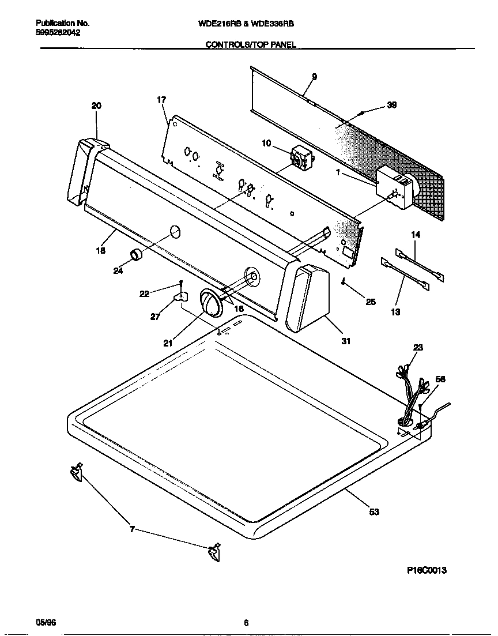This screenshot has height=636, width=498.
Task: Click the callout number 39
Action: [x=392, y=105]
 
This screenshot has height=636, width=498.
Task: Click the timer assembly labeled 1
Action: [x=395, y=187]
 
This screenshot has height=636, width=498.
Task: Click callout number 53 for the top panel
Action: [x=373, y=511]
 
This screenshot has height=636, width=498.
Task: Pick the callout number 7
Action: [x=132, y=529]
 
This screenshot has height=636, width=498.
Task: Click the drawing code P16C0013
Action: [x=427, y=570]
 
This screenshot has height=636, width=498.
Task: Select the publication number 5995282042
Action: [x=58, y=33]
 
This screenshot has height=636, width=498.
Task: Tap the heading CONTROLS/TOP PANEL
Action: [x=251, y=44]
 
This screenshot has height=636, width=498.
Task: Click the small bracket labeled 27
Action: [x=181, y=297]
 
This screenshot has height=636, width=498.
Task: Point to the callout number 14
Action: [x=416, y=235]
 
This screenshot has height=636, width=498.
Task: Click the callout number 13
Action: [x=395, y=312]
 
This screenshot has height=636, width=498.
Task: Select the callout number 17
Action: [x=161, y=100]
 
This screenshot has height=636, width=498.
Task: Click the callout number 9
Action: [x=314, y=77]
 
